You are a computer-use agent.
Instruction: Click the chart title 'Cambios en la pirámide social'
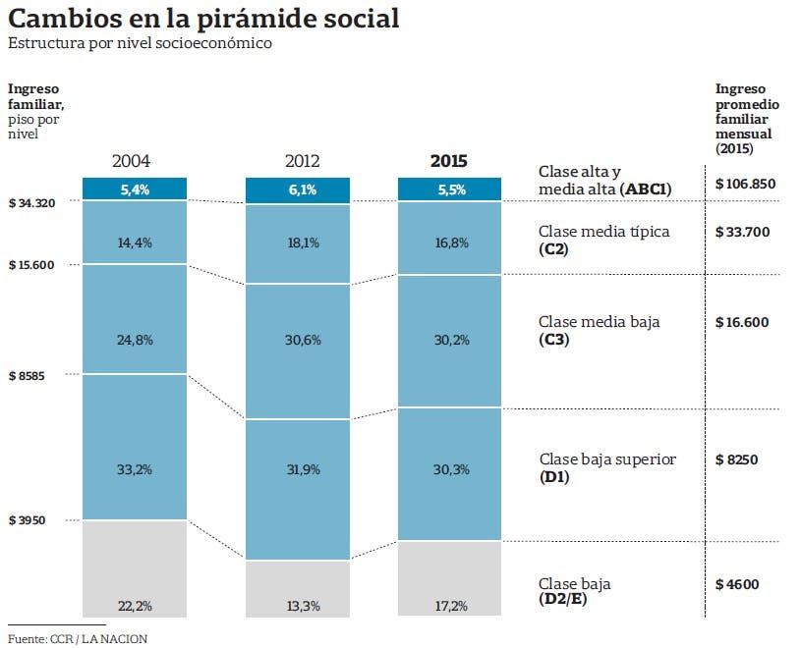(203, 19)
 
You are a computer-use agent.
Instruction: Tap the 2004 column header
(132, 161)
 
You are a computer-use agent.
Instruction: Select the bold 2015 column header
(449, 161)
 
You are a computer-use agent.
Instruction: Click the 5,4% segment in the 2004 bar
(135, 189)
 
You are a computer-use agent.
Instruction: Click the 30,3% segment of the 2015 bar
(449, 469)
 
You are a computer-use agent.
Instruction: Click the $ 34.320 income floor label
(31, 203)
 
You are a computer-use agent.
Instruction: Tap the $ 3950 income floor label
(28, 520)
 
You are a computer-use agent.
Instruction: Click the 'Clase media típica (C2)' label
(604, 240)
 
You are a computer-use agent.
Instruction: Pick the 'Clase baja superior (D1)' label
(607, 467)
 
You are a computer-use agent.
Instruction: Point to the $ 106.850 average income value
(747, 184)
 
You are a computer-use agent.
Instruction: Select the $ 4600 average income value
(737, 584)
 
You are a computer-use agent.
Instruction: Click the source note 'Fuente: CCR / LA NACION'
(78, 639)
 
